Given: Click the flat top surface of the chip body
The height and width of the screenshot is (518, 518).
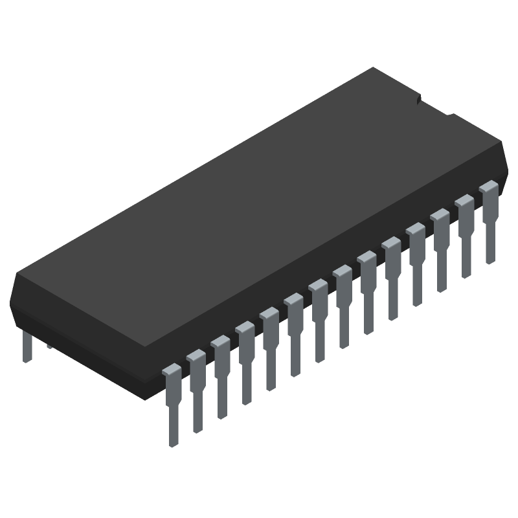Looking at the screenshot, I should point(259,194).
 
